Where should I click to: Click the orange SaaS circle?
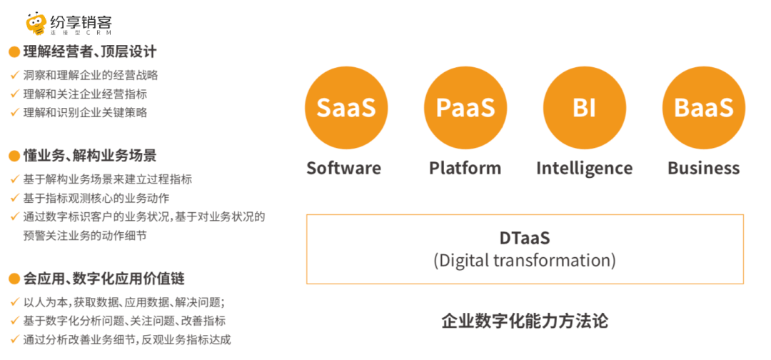[346, 108]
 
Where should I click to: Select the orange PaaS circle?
[465, 108]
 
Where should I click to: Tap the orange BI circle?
[585, 108]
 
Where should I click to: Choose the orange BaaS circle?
[704, 108]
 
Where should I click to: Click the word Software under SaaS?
[343, 168]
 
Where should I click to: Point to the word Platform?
[465, 168]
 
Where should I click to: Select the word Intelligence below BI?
[585, 169]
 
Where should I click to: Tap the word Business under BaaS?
[704, 168]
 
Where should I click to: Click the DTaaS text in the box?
[525, 239]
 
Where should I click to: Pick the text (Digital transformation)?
[525, 260]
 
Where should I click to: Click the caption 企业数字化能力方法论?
[525, 321]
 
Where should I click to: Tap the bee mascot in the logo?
[36, 24]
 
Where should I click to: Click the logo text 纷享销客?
[81, 21]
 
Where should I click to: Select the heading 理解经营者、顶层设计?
[90, 51]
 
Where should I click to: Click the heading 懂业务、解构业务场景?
[90, 156]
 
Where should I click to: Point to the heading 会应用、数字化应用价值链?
[104, 279]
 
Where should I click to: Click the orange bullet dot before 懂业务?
[14, 157]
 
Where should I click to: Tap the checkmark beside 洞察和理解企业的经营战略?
[14, 75]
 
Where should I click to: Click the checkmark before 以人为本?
[14, 301]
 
